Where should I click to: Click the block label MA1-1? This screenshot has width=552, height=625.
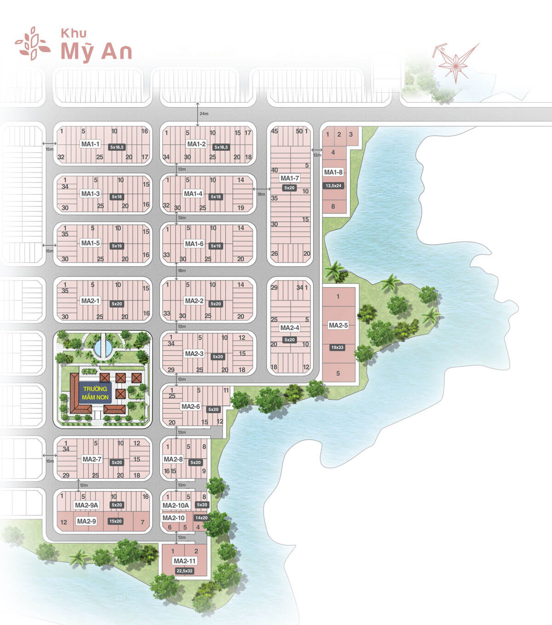click(x=90, y=144)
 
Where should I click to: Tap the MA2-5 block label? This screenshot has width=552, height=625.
click(x=338, y=325)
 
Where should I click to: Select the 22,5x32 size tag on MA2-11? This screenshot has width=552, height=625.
click(x=184, y=571)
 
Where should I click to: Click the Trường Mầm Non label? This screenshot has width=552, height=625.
click(x=95, y=393)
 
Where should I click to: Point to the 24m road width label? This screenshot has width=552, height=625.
click(x=204, y=114)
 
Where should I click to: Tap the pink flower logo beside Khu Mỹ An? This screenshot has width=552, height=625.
click(x=32, y=44)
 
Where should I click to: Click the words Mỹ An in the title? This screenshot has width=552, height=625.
click(x=97, y=51)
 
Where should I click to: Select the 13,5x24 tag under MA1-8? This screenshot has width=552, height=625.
click(x=333, y=186)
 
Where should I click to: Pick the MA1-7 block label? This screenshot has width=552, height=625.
click(x=289, y=178)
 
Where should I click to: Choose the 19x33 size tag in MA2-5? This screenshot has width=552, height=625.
click(x=337, y=347)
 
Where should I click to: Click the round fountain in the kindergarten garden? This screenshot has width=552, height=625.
click(x=103, y=347)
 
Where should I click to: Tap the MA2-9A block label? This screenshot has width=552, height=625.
click(x=86, y=505)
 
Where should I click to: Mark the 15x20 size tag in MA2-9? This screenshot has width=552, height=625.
click(x=115, y=521)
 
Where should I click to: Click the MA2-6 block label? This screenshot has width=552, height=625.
click(x=190, y=406)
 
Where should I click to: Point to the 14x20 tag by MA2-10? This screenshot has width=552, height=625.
click(x=201, y=517)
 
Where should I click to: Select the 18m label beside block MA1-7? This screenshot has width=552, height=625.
click(x=261, y=194)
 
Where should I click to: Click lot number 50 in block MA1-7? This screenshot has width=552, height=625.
click(x=299, y=131)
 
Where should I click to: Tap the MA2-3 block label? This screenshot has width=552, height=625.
click(x=194, y=353)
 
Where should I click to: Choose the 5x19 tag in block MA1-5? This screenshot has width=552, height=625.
click(x=117, y=246)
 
